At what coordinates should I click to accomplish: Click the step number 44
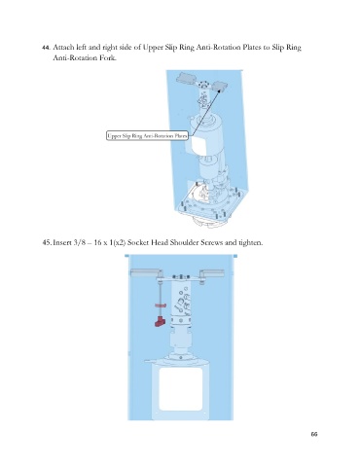[x=46, y=48]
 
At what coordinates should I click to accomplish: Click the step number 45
[x=47, y=242]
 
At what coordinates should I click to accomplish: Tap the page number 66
[x=314, y=434]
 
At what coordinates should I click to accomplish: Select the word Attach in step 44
[x=63, y=48]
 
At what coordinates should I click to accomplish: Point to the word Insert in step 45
[x=61, y=242]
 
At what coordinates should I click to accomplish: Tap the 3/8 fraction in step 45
[x=79, y=242]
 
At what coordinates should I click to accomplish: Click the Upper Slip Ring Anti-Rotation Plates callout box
[x=147, y=136]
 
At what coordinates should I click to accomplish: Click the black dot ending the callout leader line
[x=219, y=91]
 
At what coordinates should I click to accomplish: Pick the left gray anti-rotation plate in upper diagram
[x=186, y=78]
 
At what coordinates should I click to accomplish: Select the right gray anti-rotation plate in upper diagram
[x=220, y=86]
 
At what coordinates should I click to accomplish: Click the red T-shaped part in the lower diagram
[x=160, y=322]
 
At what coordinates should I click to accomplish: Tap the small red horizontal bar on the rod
[x=161, y=305]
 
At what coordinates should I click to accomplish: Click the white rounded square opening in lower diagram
[x=181, y=388]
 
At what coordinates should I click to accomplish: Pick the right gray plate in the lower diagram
[x=212, y=273]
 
